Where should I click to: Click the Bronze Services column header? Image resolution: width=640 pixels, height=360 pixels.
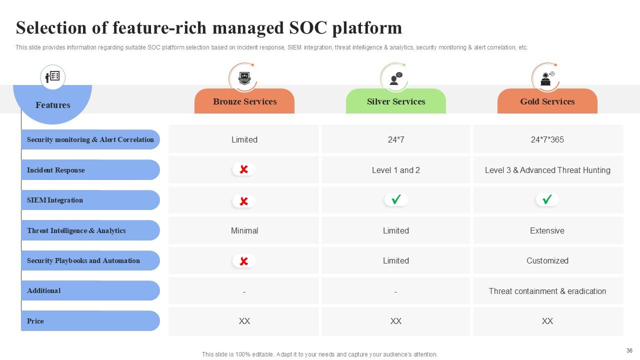pos(244,101)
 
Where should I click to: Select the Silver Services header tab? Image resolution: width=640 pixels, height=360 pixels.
pos(395,101)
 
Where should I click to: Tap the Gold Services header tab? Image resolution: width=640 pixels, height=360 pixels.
pos(547,101)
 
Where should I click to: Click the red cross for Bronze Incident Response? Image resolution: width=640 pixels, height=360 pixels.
pos(244,169)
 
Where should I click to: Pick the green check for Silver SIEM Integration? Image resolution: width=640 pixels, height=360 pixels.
pos(396,200)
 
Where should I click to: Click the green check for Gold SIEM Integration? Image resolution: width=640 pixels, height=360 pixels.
pos(547,200)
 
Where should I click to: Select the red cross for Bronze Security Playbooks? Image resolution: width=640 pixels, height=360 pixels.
pos(244,261)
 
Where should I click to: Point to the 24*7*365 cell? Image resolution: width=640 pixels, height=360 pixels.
pos(547,139)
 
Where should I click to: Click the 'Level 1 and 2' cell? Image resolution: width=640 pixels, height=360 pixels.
pos(395,170)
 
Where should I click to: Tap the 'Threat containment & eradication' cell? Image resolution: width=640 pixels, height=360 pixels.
pos(547,291)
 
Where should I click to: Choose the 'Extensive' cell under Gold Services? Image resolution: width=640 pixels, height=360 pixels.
pos(547,230)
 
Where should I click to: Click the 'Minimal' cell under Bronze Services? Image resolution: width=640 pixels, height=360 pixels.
pos(244,230)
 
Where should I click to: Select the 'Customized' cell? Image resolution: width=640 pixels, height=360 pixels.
pos(547,260)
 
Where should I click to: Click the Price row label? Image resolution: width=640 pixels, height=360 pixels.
pos(35,321)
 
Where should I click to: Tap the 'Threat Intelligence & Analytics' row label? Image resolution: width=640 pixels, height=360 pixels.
pos(76,230)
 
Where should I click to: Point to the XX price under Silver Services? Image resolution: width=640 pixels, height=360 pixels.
pos(395,321)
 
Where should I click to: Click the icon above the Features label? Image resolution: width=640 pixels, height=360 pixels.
pos(52,77)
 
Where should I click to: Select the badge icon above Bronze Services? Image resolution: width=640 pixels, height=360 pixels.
pos(244,78)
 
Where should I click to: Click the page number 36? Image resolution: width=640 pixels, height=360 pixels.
pos(629,350)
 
